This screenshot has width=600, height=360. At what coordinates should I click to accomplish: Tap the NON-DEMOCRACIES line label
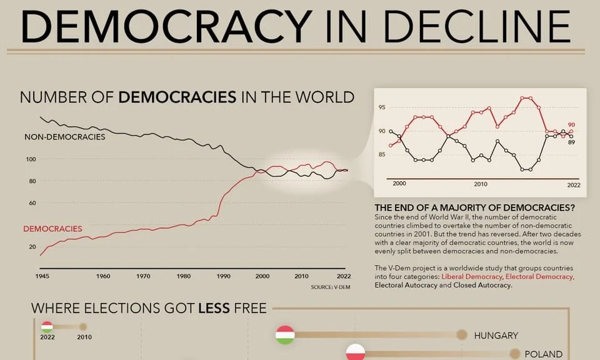click(x=65, y=136)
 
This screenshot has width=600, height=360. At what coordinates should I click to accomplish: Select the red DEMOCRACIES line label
click(x=52, y=229)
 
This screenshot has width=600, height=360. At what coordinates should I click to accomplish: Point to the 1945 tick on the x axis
click(x=42, y=276)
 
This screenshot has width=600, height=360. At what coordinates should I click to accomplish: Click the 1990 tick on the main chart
click(x=222, y=276)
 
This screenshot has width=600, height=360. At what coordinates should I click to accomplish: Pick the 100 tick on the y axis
click(x=31, y=159)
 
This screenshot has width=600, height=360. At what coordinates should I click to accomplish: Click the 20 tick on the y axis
click(x=32, y=247)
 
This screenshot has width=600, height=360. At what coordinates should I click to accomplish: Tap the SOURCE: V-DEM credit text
click(x=329, y=287)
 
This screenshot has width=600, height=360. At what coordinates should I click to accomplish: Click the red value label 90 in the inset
click(x=571, y=125)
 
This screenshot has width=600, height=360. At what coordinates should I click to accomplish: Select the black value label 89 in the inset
click(x=571, y=142)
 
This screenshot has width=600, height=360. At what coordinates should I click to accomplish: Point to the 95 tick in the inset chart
click(x=382, y=108)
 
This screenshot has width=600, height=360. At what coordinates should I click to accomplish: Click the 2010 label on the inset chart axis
click(x=480, y=184)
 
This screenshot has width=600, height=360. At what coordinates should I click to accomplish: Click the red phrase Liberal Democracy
click(x=472, y=276)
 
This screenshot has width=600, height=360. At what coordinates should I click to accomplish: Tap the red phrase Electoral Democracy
click(x=539, y=276)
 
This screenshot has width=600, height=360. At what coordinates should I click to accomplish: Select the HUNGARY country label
click(x=496, y=336)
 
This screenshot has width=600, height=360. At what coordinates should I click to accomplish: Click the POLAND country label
click(x=544, y=354)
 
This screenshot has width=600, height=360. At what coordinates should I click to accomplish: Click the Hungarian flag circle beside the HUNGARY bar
click(x=285, y=335)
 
